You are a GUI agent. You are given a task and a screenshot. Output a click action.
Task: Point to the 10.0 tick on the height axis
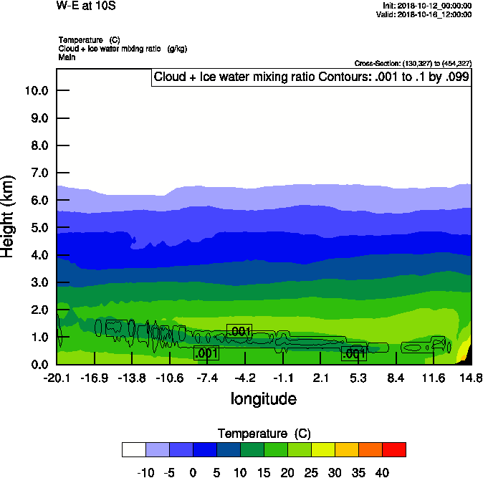click(x=36, y=91)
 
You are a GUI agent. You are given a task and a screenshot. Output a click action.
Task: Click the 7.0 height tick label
click(x=36, y=173)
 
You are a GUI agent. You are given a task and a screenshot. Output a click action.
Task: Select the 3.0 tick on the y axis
click(x=36, y=282)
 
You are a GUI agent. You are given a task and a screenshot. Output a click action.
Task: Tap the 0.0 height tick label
click(x=36, y=365)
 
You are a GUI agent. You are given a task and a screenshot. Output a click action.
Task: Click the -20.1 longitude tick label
click(x=57, y=378)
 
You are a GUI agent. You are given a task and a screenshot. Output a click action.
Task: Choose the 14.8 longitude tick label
click(x=471, y=378)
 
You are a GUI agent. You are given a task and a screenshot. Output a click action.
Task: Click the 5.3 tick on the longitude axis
click(x=358, y=378)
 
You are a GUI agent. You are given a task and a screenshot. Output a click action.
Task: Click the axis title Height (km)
click(x=8, y=216)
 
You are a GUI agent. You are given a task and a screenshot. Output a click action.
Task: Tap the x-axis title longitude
click(x=263, y=398)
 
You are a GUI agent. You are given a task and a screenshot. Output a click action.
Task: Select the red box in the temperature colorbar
click(x=393, y=449)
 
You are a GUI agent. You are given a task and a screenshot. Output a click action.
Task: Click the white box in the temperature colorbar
click(x=134, y=449)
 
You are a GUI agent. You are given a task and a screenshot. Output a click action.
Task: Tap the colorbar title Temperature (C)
click(x=264, y=434)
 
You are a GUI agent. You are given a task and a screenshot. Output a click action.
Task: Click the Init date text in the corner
click(x=427, y=6)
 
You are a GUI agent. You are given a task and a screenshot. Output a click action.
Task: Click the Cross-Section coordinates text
click(x=413, y=63)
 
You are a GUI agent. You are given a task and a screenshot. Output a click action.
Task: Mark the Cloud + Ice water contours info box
click(x=311, y=77)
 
